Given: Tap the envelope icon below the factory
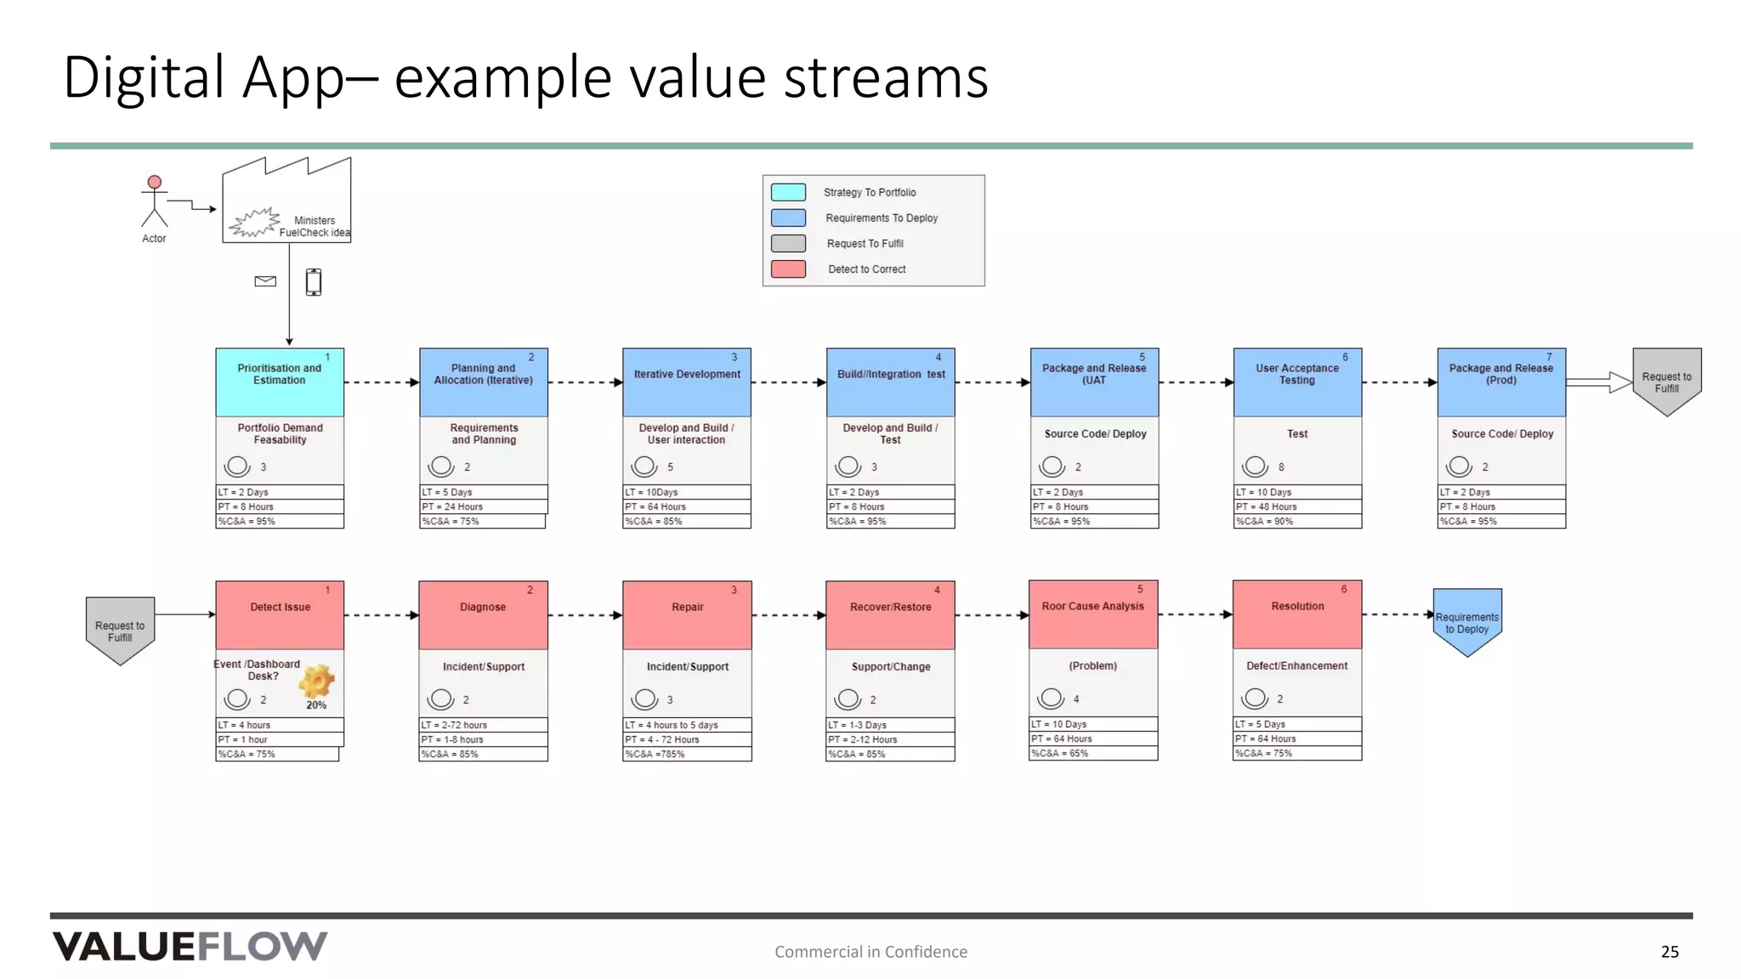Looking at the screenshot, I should tap(265, 281).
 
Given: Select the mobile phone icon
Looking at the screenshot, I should tap(314, 281).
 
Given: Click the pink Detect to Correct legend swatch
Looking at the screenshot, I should tap(788, 269).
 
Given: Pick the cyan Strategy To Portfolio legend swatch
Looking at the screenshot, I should tap(788, 192).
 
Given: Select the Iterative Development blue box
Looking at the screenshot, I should tap(687, 382).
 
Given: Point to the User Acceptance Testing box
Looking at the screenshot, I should tap(1297, 382).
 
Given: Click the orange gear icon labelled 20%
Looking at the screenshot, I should tap(316, 682).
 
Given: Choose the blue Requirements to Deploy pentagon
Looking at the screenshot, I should tap(1467, 621).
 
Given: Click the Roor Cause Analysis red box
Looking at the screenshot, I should tap(1093, 614).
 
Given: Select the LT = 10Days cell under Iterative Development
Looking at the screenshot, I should tap(687, 492).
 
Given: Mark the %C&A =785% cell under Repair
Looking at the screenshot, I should tap(687, 754).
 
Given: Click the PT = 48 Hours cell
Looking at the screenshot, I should tap(1297, 506).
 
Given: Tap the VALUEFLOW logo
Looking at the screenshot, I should tap(190, 946).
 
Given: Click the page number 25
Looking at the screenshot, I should tap(1670, 952).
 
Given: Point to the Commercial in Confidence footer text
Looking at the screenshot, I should tap(870, 952).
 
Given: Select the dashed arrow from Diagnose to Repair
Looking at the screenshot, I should tap(585, 615).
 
